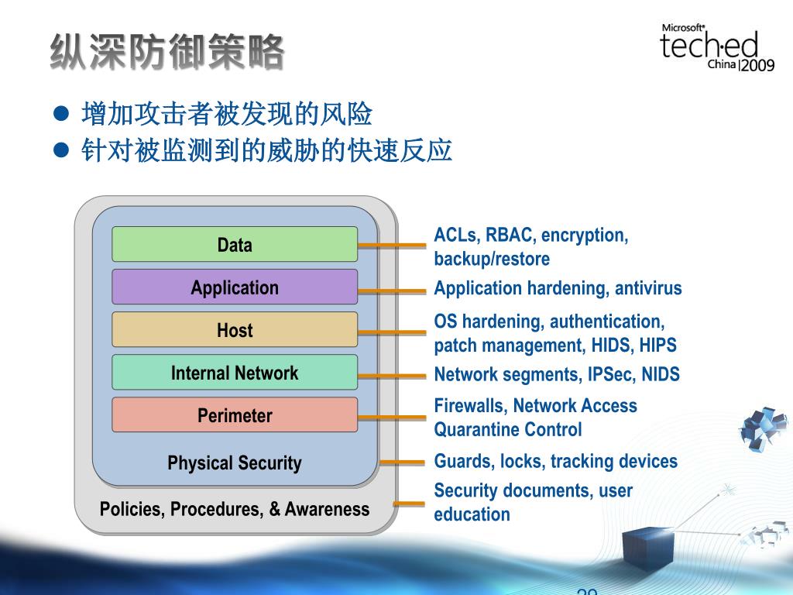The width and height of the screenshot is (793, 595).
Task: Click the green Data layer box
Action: click(235, 244)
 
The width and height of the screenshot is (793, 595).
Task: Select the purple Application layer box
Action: click(235, 287)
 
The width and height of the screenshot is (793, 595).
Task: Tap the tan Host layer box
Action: click(235, 329)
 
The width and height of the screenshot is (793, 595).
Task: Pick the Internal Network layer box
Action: click(235, 372)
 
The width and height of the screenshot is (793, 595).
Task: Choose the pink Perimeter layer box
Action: click(235, 414)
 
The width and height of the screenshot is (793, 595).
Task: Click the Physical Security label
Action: click(235, 463)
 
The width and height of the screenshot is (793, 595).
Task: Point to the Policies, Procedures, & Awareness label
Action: click(235, 509)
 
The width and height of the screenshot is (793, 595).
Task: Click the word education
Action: click(472, 514)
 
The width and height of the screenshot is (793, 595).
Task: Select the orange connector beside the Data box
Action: click(392, 246)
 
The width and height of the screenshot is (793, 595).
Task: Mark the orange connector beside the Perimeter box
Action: click(392, 417)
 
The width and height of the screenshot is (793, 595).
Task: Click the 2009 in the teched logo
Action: click(757, 66)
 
